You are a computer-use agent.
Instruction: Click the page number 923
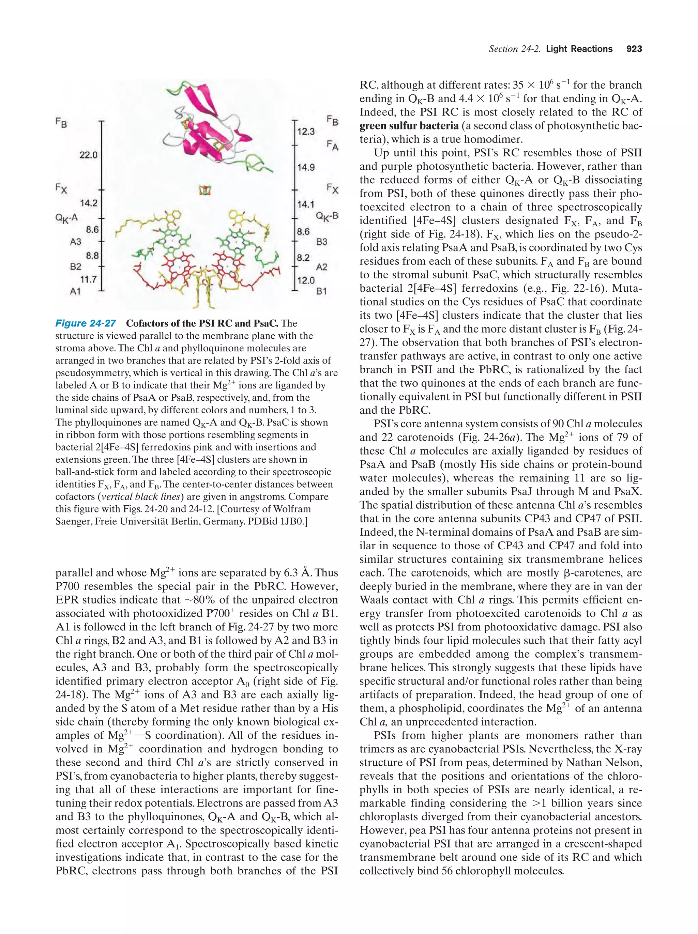[x=634, y=49]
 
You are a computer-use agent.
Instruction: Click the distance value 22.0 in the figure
[x=88, y=155]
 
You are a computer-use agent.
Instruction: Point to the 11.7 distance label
[x=88, y=279]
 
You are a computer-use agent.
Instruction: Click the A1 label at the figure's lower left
[x=75, y=291]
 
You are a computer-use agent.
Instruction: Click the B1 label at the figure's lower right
[x=321, y=291]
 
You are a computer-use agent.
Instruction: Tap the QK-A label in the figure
[x=66, y=218]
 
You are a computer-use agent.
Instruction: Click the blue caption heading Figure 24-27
[x=86, y=323]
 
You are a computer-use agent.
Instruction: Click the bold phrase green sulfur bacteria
[x=409, y=126]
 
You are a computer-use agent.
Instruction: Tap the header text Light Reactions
[x=579, y=49]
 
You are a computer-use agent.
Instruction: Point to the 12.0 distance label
[x=306, y=280]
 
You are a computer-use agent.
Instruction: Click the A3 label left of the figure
[x=75, y=242]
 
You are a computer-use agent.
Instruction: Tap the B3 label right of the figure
[x=322, y=242]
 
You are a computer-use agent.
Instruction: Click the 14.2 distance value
[x=89, y=203]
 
